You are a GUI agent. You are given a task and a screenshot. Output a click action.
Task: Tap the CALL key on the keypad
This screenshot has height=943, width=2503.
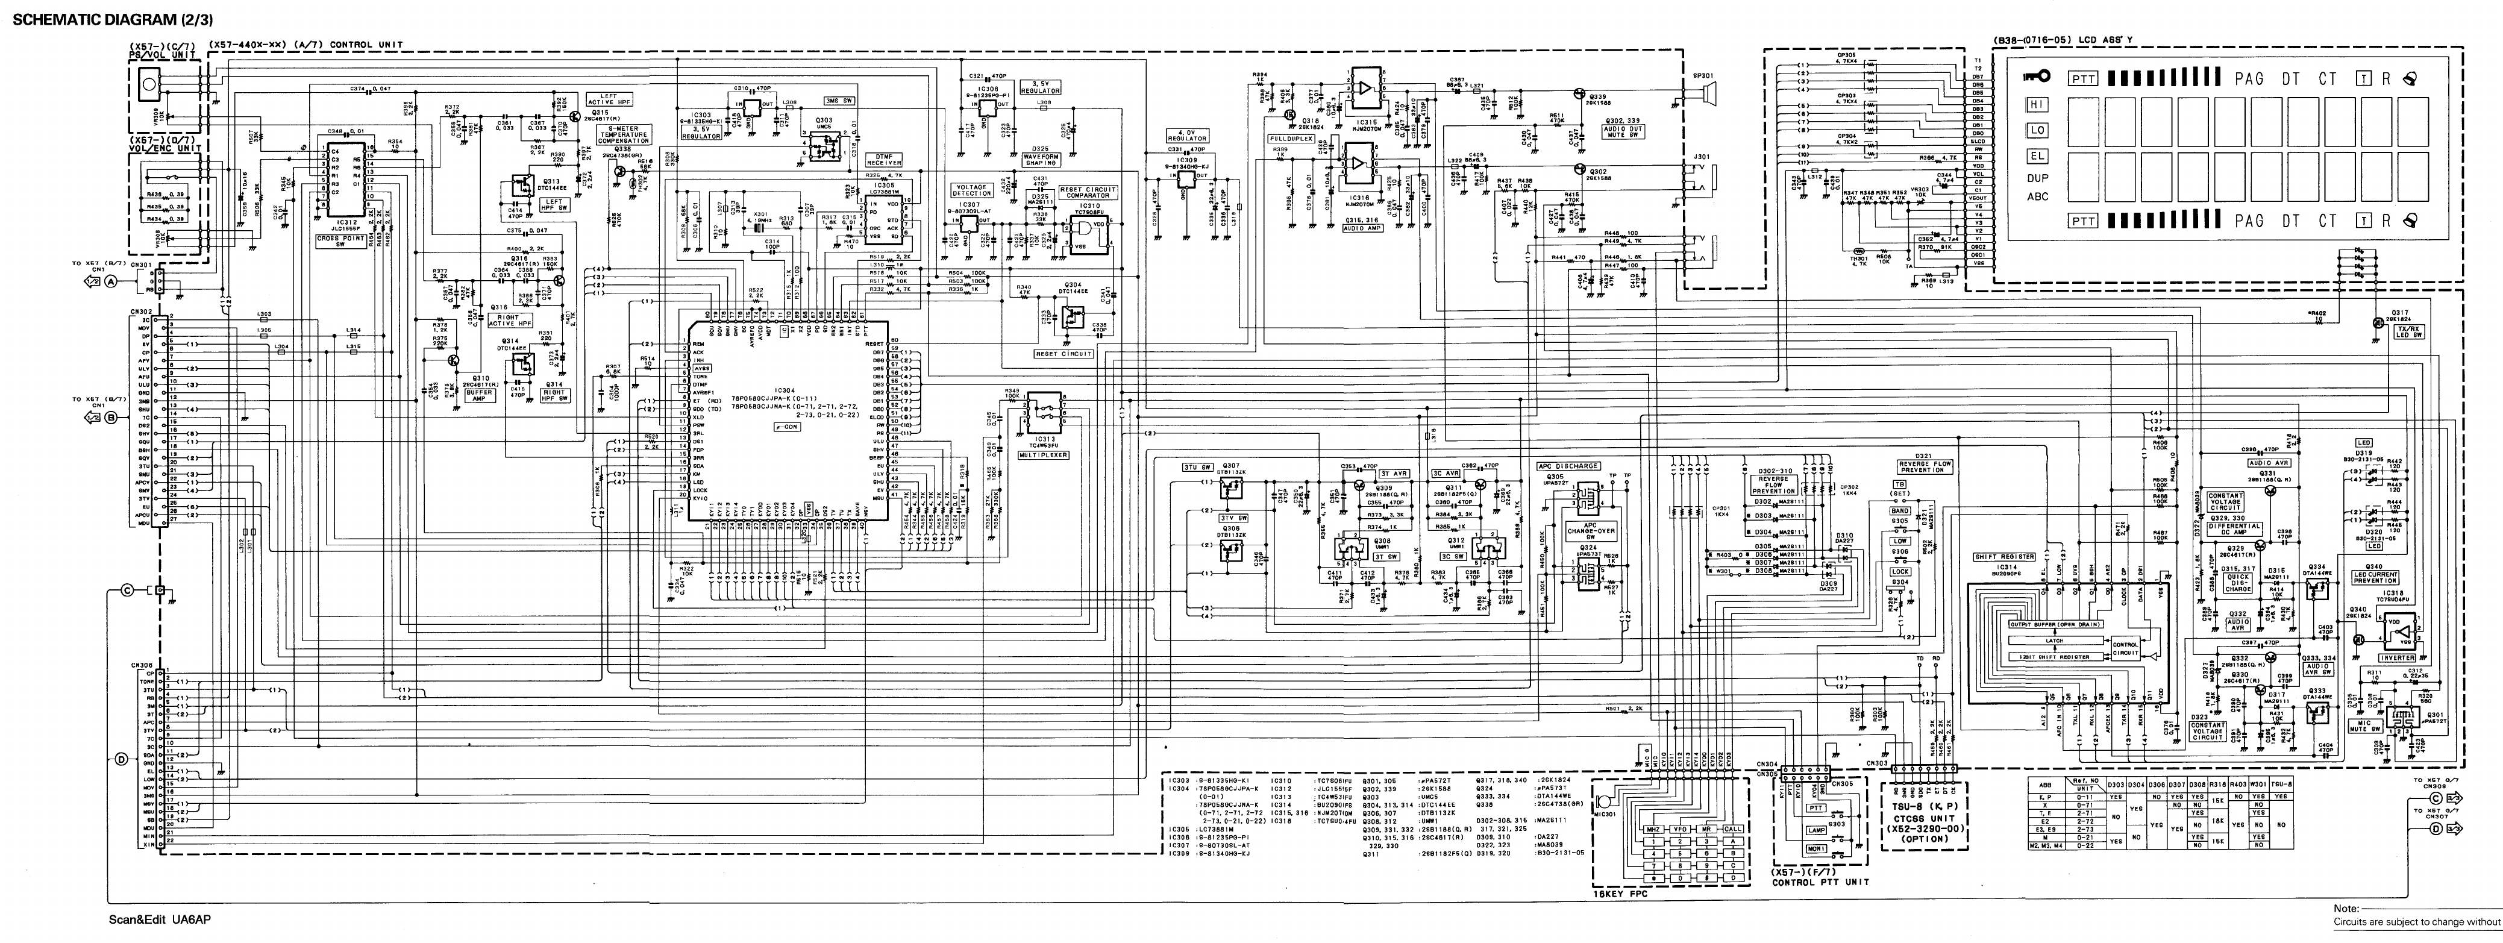click(1732, 829)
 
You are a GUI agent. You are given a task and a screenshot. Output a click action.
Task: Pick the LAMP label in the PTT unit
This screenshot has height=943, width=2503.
click(1815, 829)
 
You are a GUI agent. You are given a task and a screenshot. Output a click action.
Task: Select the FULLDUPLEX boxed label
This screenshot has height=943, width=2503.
click(1291, 139)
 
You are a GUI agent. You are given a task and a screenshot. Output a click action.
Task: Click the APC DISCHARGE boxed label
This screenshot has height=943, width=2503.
click(1568, 466)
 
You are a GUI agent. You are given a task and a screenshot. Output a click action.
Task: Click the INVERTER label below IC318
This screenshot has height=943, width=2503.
click(2396, 658)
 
